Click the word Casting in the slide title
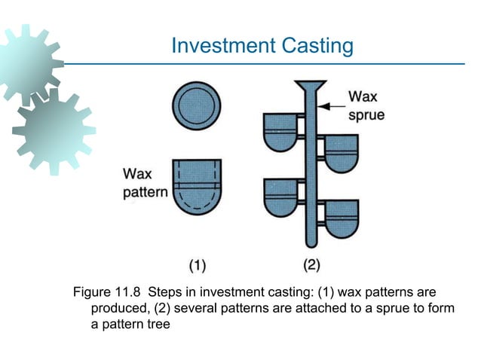pyautogui.click(x=317, y=46)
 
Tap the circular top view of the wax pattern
pyautogui.click(x=196, y=105)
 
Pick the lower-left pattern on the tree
pyautogui.click(x=281, y=198)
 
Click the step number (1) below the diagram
pyautogui.click(x=198, y=264)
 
